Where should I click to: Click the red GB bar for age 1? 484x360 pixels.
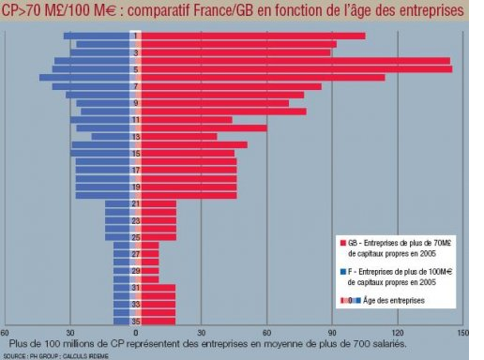253,36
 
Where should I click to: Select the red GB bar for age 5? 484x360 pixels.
296,69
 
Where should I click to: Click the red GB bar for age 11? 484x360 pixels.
187,120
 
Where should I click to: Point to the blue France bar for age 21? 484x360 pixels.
117,203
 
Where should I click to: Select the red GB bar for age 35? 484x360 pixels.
159,322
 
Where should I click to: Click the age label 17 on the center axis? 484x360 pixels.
136,170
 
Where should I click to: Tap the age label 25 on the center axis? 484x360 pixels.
136,237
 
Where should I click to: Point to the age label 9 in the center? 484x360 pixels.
136,103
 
